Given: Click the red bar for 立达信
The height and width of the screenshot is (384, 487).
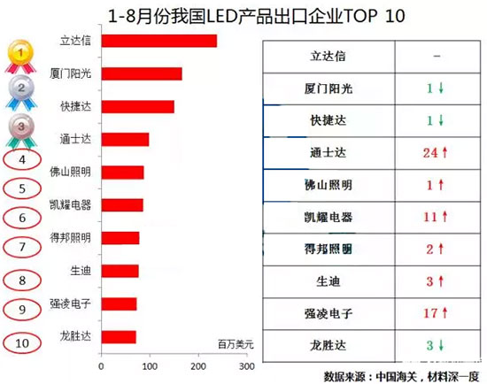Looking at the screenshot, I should coord(159,41).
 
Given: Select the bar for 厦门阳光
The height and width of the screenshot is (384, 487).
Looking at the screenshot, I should coord(142,73).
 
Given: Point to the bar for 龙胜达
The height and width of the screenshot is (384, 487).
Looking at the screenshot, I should coord(119,336).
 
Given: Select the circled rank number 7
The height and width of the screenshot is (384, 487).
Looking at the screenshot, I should coord(21,246).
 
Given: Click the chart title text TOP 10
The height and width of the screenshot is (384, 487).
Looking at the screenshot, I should coord(353,16).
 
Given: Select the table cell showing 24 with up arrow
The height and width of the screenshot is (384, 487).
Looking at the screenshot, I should coord(430,153).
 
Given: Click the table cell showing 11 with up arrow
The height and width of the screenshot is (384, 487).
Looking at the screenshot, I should coord(430,216).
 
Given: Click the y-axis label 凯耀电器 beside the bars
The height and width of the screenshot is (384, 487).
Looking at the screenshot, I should coord(70,204).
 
